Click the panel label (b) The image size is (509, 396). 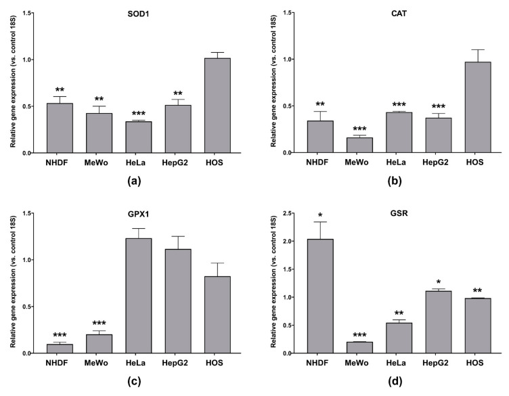pyautogui.click(x=401, y=181)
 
